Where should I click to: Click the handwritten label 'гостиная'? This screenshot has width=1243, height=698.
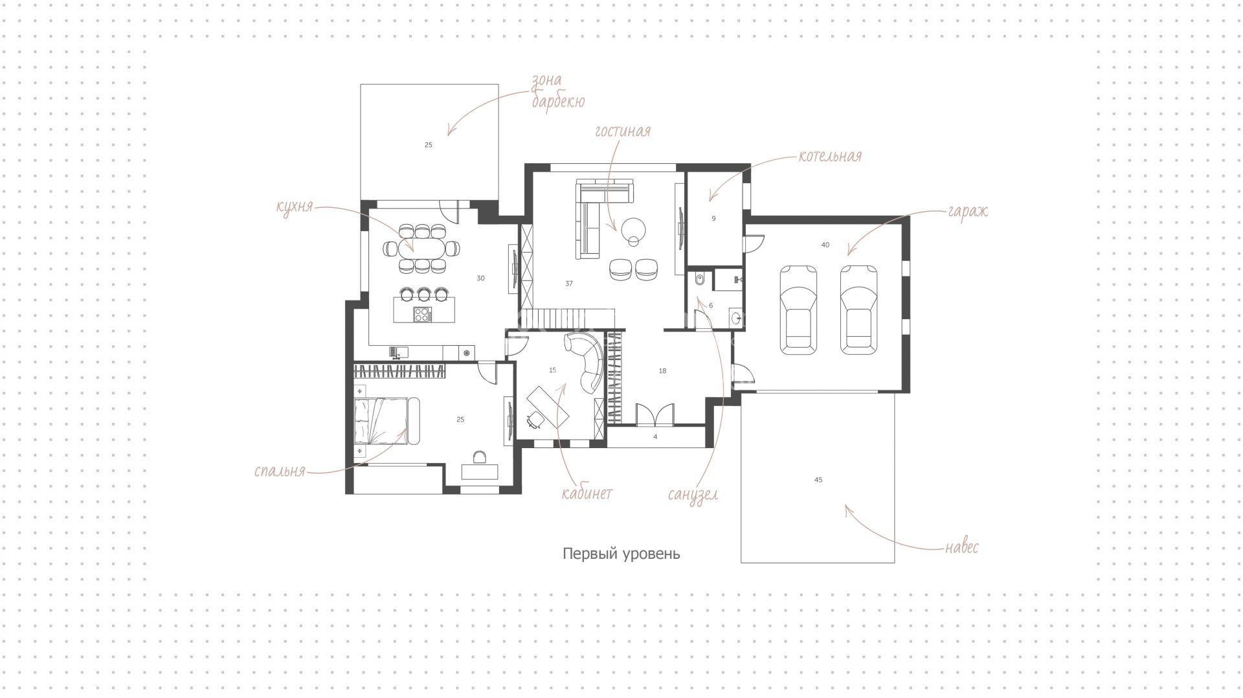click(623, 131)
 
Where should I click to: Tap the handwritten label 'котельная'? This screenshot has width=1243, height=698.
click(830, 156)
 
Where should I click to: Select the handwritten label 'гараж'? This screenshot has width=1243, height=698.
click(968, 212)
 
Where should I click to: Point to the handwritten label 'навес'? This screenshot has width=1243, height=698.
click(961, 547)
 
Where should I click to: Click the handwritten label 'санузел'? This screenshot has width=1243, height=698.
click(693, 495)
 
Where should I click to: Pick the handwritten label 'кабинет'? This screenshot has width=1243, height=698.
click(587, 493)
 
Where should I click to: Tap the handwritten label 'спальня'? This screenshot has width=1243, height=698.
click(280, 471)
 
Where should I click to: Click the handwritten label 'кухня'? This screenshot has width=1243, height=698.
click(295, 207)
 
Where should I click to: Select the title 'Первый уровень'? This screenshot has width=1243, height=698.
click(621, 554)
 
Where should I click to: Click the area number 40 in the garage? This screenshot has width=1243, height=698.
click(825, 245)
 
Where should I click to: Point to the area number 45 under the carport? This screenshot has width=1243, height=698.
click(818, 480)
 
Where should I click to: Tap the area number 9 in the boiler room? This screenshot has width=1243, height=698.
click(713, 219)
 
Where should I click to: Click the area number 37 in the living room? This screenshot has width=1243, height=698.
click(569, 284)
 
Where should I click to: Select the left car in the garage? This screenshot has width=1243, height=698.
click(798, 310)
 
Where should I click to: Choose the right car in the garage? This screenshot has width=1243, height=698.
click(859, 310)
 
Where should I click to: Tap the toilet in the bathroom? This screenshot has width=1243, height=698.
click(697, 280)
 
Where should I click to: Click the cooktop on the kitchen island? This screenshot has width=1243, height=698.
click(422, 315)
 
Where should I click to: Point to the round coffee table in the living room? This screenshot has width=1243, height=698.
click(633, 229)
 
